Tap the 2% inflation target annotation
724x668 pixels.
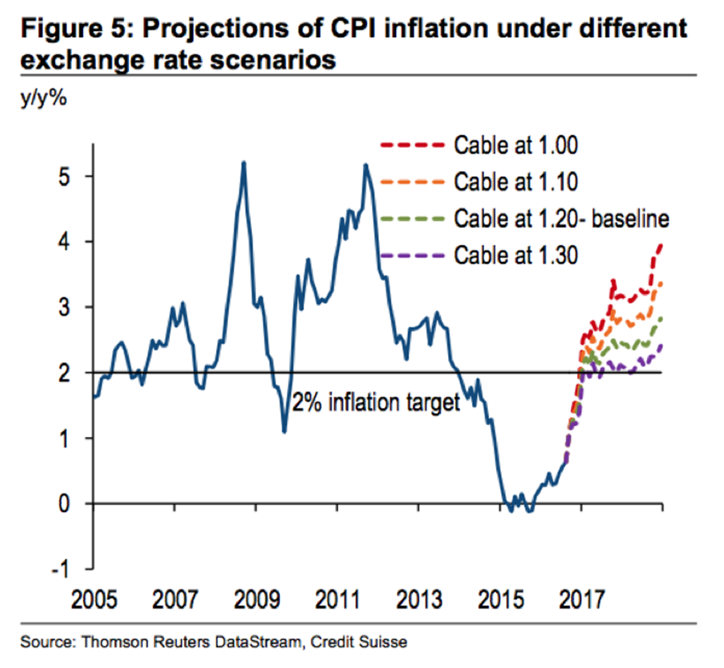[375, 402]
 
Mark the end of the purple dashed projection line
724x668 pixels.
[662, 345]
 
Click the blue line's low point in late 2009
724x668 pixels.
[285, 431]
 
